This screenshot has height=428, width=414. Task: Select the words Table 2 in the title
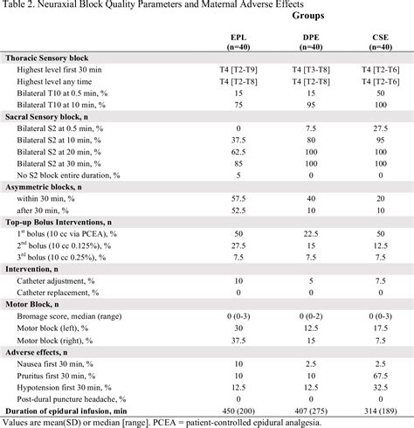[19, 5]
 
